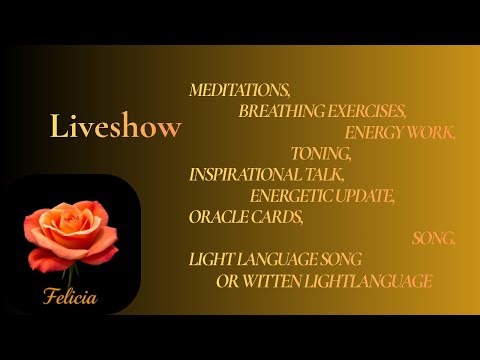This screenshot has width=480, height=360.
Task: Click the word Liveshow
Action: pyautogui.click(x=116, y=127)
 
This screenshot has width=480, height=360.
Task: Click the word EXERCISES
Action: pyautogui.click(x=369, y=111)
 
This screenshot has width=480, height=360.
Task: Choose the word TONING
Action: pyautogui.click(x=321, y=153)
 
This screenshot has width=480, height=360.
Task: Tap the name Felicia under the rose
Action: pyautogui.click(x=70, y=297)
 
